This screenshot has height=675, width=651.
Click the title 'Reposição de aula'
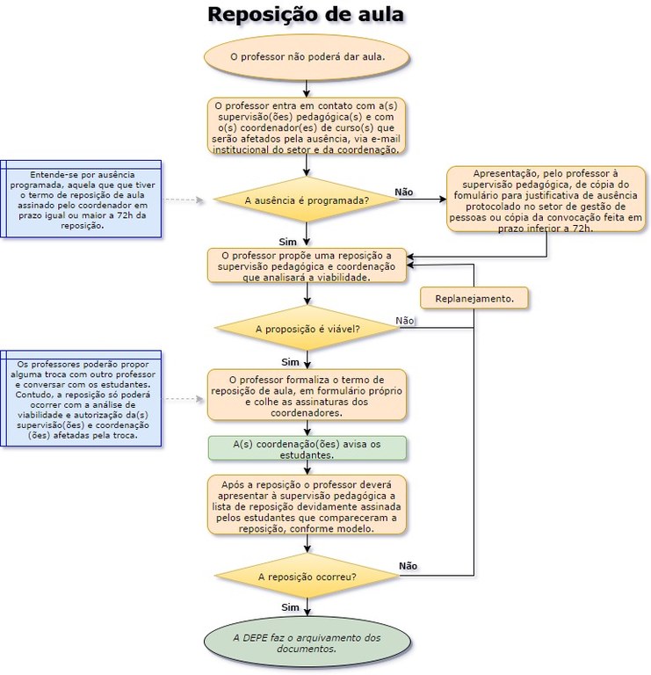click(x=307, y=15)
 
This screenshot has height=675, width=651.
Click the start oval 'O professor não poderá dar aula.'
click(x=307, y=57)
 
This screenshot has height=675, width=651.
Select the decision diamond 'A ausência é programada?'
click(x=307, y=200)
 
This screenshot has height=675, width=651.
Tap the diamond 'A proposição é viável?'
click(x=307, y=330)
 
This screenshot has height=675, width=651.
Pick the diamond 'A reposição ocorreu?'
click(x=307, y=577)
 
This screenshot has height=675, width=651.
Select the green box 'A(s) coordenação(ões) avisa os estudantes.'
click(x=307, y=449)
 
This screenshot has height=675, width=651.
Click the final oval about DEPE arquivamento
click(x=307, y=643)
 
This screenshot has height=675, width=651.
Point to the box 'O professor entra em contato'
click(x=307, y=127)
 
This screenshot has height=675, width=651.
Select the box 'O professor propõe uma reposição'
click(x=307, y=265)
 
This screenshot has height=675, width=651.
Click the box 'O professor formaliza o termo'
click(x=307, y=395)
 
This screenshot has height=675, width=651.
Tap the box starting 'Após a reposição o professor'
click(x=307, y=505)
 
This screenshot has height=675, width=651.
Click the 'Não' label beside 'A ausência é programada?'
click(x=404, y=192)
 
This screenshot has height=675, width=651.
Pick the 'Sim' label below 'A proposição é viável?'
click(x=290, y=361)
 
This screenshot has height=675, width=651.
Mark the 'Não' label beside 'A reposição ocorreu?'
click(x=409, y=565)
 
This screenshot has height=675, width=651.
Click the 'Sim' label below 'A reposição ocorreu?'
click(x=290, y=606)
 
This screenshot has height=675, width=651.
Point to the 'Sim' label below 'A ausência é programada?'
click(x=287, y=241)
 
